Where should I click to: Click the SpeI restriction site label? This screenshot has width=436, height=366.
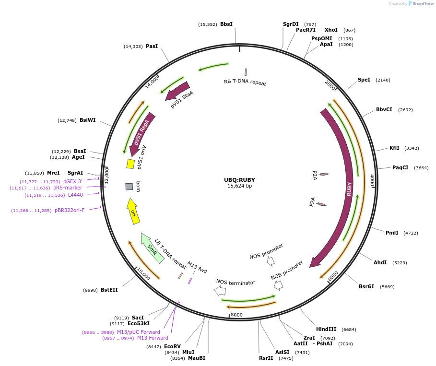point(364,80)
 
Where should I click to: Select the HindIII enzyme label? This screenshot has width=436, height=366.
point(326,329)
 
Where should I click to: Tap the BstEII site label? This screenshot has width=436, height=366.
point(109,290)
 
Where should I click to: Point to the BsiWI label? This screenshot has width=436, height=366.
point(87,120)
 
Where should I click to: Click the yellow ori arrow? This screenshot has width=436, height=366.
point(133,212)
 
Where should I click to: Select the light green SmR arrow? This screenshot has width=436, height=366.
point(153,248)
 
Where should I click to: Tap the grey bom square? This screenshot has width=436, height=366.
point(129,186)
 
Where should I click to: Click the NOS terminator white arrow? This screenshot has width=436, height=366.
point(220,291)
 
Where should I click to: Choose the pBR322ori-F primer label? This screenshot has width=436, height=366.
point(69,210)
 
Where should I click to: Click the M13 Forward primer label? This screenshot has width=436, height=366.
point(153,338)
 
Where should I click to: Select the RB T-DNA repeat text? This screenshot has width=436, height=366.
point(245,82)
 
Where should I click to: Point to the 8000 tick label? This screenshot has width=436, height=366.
point(237,315)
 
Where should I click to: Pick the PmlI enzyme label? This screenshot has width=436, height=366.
point(392,233)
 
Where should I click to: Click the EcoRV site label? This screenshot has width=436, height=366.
point(172,346)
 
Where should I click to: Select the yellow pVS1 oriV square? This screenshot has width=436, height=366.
point(130,164)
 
